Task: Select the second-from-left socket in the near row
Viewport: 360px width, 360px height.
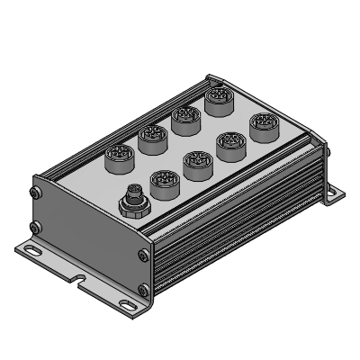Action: (x=197, y=163)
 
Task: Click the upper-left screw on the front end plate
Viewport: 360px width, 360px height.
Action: (x=35, y=192)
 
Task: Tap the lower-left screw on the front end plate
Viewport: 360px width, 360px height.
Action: (x=35, y=226)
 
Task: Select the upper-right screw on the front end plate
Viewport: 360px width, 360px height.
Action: (x=144, y=256)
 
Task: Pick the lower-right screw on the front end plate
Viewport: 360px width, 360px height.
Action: (x=144, y=290)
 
